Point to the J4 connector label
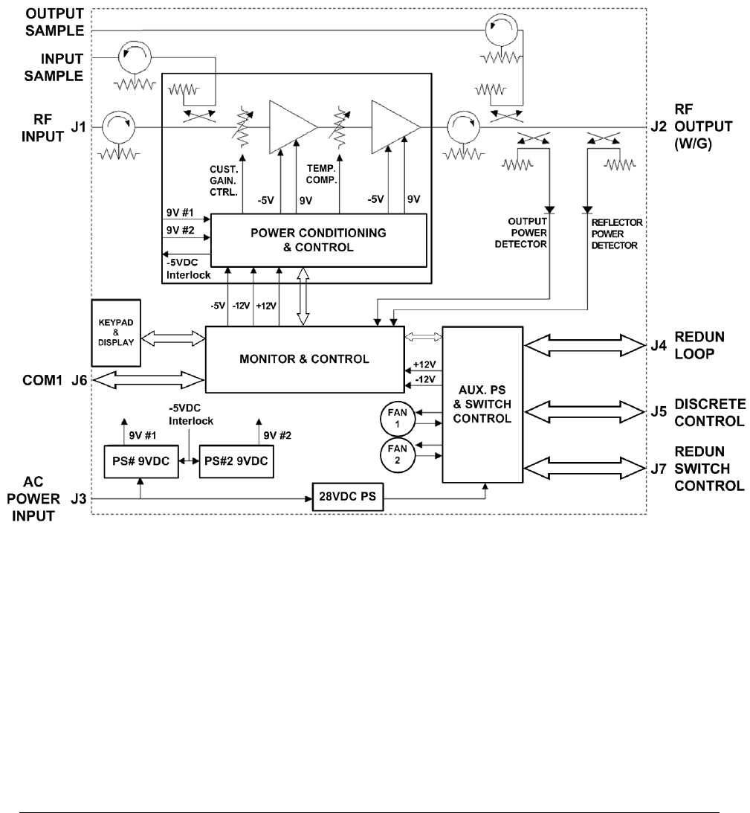659,345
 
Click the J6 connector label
80,381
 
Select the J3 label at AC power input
79,499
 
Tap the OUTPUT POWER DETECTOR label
521,233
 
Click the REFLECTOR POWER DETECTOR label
617,234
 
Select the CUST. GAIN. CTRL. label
224,181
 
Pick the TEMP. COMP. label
321,174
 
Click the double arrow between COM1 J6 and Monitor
148,380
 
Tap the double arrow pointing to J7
585,468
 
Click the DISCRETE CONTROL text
710,413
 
